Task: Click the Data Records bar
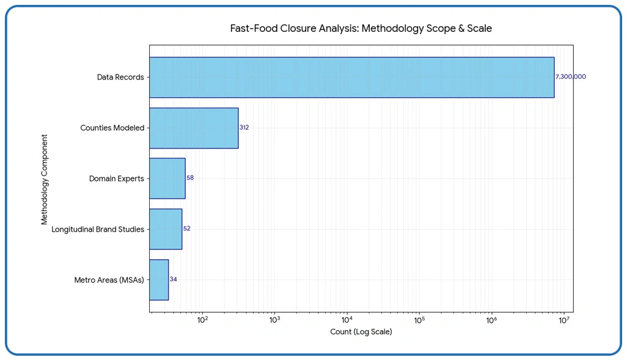coord(351,78)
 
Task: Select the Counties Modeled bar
coord(194,128)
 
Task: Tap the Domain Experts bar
coord(167,178)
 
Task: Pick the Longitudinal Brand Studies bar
coord(166,229)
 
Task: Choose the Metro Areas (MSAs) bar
coord(159,279)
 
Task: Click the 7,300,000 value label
coord(570,78)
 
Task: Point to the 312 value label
coord(244,128)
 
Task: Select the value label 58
coord(190,178)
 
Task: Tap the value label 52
coord(187,229)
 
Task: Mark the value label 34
coord(174,279)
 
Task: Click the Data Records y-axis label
coord(120,78)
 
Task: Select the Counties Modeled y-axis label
coord(112,128)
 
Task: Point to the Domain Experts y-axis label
coord(117,179)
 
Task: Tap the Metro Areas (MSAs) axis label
coord(109,280)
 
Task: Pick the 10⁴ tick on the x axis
coord(346,320)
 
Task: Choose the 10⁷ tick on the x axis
coord(563,320)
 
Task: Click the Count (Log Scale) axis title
coord(361,332)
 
